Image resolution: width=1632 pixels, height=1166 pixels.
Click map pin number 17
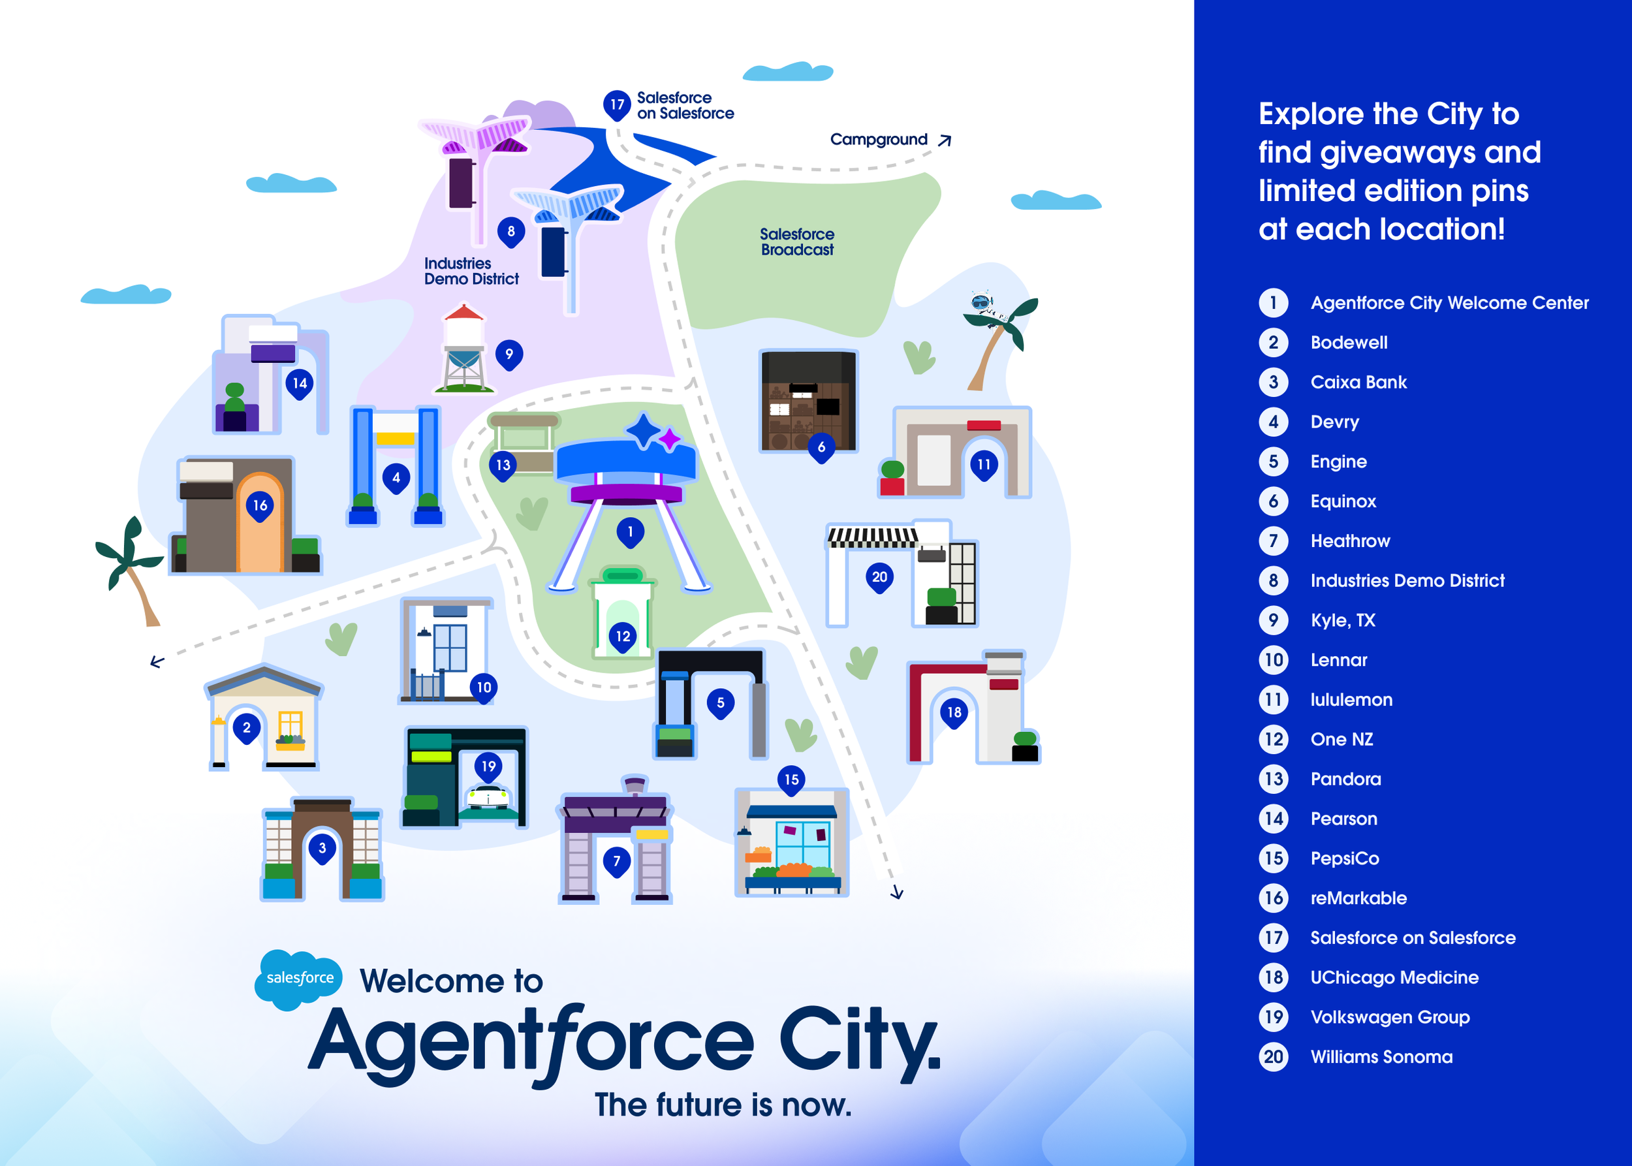(617, 105)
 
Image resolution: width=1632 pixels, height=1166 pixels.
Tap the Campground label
(878, 139)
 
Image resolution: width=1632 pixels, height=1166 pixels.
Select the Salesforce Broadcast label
(797, 242)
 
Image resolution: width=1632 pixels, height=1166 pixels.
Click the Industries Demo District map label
(471, 272)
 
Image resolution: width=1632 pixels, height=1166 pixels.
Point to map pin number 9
(509, 354)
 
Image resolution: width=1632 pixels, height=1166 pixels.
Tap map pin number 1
(631, 532)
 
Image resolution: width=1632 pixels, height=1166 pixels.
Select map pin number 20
(879, 577)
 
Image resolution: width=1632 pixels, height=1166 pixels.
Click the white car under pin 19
(488, 797)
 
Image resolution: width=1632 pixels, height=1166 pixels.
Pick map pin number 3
(322, 849)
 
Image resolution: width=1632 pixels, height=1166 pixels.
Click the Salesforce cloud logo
(299, 979)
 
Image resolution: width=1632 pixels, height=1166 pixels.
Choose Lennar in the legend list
(1338, 661)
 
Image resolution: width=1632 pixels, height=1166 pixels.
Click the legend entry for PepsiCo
(1344, 859)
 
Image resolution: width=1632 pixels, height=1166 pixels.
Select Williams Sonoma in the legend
(1381, 1057)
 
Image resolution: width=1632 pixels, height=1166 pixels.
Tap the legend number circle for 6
(1273, 501)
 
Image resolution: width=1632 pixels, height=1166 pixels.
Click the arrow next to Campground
(945, 140)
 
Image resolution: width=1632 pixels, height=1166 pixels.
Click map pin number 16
(260, 506)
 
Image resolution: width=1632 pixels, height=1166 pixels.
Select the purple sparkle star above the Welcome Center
(669, 439)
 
